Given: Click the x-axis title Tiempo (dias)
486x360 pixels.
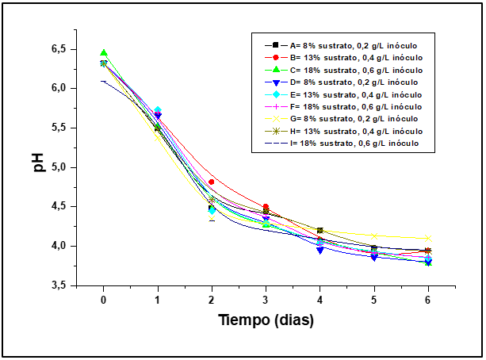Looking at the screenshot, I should [266, 321].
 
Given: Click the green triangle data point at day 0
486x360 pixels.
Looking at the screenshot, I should [103, 53].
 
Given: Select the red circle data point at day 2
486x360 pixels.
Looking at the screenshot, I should [211, 182].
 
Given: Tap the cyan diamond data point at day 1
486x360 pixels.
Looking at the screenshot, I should [158, 110].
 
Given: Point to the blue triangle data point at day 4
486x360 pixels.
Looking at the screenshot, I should [320, 249].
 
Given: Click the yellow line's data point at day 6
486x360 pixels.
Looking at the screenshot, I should [428, 238].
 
